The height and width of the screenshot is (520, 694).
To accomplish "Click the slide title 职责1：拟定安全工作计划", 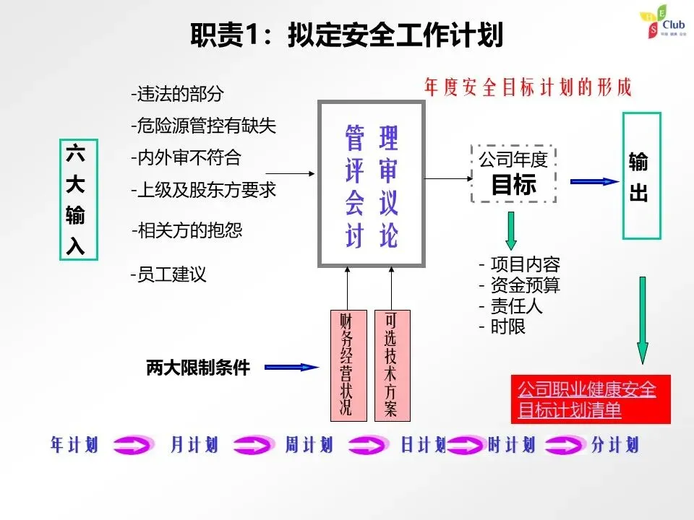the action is tap(346, 34).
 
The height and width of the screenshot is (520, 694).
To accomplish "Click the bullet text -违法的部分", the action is tap(177, 94).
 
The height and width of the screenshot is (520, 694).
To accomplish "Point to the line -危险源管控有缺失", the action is tap(203, 126).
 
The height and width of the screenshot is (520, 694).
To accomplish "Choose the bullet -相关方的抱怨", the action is tap(187, 230).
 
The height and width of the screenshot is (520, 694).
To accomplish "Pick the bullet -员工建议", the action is tap(168, 275).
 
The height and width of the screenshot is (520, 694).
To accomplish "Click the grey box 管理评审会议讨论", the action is tap(372, 185).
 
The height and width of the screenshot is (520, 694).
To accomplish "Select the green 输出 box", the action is tap(642, 175).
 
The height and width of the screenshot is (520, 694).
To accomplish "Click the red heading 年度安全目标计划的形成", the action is tap(528, 87).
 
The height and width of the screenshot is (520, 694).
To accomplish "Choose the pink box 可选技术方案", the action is tap(391, 365).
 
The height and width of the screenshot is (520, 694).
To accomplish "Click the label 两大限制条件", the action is tap(197, 368).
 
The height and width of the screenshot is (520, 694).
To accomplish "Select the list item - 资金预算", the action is tap(519, 285).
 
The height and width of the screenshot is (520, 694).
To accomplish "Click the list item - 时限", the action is tap(502, 326).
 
